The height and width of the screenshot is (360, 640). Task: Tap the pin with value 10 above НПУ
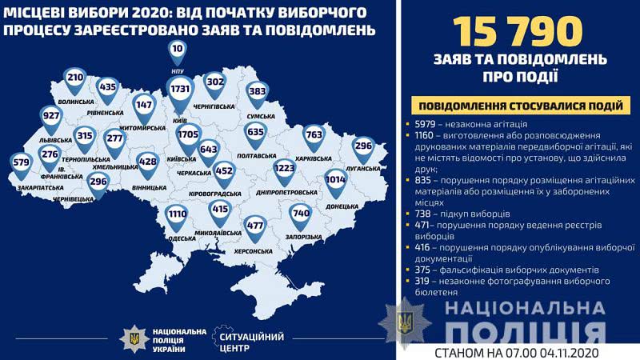(178, 50)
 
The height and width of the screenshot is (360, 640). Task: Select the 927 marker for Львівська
(52, 115)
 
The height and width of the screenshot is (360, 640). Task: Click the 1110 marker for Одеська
(177, 215)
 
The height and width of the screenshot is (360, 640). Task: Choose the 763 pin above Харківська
(314, 136)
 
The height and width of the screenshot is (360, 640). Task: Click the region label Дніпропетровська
(284, 193)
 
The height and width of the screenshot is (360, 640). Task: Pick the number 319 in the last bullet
(426, 282)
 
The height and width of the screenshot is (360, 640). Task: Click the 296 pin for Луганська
(363, 146)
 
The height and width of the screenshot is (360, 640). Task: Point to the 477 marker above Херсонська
(256, 226)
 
